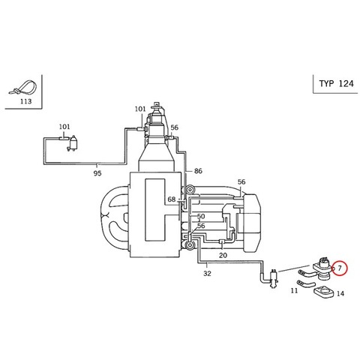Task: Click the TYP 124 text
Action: [x=336, y=83]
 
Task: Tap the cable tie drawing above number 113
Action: [x=23, y=88]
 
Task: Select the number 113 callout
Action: [x=25, y=101]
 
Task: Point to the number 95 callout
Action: [x=97, y=173]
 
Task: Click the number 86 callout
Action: [x=198, y=171]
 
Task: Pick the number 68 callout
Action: [x=172, y=199]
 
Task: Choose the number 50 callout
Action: [x=201, y=216]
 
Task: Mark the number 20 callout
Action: [x=223, y=255]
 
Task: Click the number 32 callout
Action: [x=207, y=274]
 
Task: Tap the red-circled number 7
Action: [x=340, y=268]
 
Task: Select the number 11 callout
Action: [x=294, y=290]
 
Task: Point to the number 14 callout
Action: [x=340, y=293]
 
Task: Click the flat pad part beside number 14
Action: [x=324, y=293]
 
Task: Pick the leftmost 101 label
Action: [x=64, y=127]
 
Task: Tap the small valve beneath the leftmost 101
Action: [x=73, y=143]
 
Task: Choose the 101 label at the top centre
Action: [x=140, y=109]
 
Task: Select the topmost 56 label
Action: [x=175, y=127]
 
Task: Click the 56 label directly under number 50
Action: [x=201, y=226]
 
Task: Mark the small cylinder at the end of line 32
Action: [x=274, y=278]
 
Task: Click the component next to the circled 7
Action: [x=322, y=269]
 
